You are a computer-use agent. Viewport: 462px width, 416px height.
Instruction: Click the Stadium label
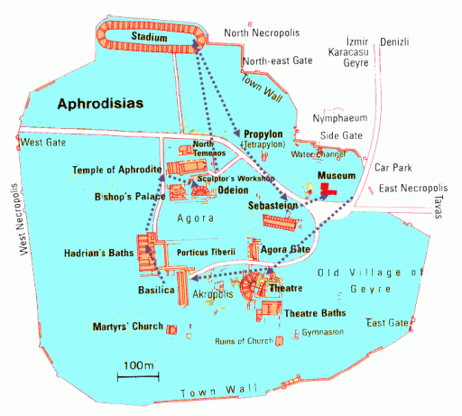pos(148,37)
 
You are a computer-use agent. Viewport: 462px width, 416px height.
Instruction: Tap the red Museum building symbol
pos(326,190)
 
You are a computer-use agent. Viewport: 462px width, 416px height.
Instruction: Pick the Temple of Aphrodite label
pos(117,170)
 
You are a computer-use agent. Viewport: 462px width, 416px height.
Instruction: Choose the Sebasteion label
pos(273,207)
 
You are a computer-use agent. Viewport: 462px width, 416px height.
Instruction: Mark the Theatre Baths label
pos(317,312)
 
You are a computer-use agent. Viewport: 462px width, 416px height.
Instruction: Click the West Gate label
pos(44,142)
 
